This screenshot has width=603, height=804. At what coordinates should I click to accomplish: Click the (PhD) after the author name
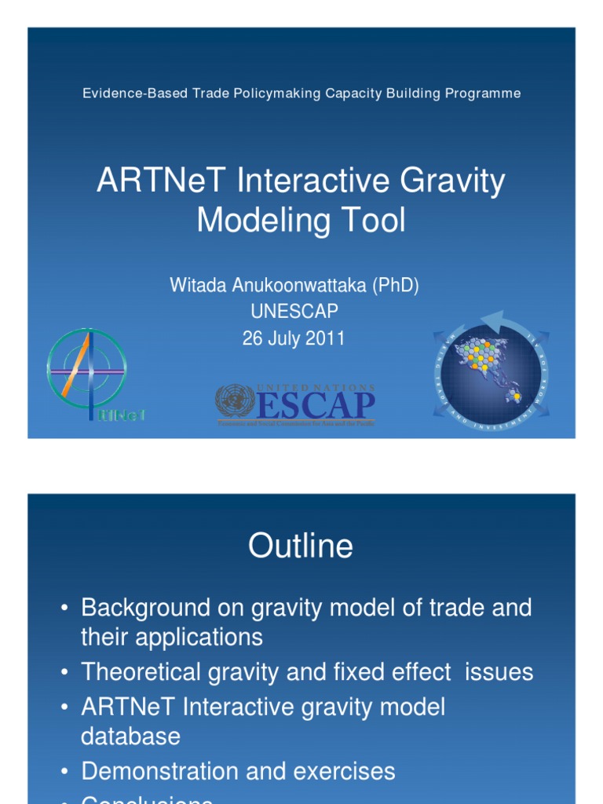tap(395, 286)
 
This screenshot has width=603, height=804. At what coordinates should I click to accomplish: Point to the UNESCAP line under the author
tap(294, 312)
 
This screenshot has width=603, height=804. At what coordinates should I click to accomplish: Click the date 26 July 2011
tap(294, 338)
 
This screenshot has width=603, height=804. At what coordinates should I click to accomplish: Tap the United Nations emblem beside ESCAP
tap(235, 400)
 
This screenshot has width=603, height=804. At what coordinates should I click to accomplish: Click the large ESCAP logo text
tap(316, 405)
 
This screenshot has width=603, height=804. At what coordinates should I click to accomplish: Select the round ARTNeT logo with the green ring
tap(86, 368)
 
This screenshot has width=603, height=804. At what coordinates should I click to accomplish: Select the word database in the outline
tap(130, 736)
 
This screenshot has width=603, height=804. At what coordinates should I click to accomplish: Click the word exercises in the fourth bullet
tap(345, 772)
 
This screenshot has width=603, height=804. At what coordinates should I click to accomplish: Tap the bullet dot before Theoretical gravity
tap(64, 673)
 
